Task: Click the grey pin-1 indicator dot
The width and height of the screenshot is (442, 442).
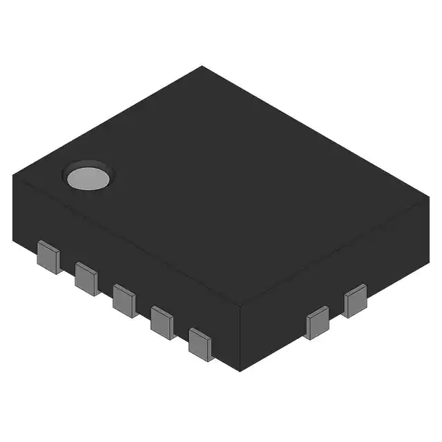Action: (x=88, y=177)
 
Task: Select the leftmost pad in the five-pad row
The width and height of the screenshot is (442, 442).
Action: (x=48, y=257)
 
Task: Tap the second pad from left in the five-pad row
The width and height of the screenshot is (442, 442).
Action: (x=87, y=278)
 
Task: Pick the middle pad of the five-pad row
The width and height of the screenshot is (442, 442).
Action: (x=125, y=300)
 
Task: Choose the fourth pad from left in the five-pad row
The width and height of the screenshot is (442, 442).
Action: (x=163, y=321)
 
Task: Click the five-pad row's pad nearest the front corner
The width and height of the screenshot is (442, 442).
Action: (x=200, y=343)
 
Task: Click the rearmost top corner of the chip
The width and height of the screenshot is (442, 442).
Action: (x=202, y=66)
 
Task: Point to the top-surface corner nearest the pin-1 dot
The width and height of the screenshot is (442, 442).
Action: (x=13, y=175)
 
